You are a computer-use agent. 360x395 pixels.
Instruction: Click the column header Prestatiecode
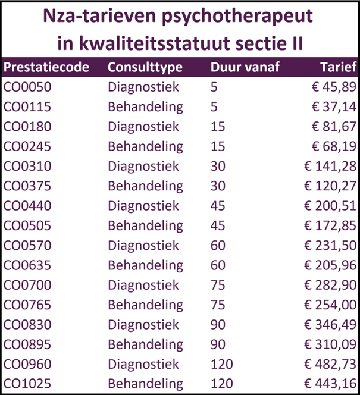(46, 67)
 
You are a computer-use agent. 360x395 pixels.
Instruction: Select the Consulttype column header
(145, 67)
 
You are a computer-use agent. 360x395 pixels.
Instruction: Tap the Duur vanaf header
(246, 67)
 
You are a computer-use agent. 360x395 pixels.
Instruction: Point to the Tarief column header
(338, 67)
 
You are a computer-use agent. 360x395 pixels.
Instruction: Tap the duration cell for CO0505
(218, 225)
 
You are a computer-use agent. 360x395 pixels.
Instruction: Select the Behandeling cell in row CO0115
(145, 107)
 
